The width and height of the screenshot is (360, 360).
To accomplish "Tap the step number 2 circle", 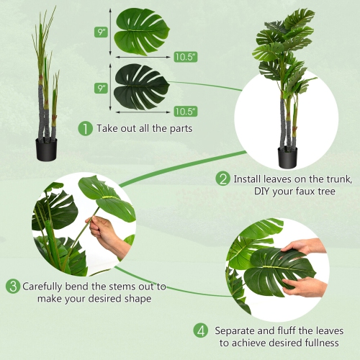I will pos(223,179).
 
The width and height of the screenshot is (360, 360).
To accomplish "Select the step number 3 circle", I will pos(13,287).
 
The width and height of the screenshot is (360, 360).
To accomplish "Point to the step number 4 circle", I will pos(201,330).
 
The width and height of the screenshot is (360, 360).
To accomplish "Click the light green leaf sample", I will pos(141,31).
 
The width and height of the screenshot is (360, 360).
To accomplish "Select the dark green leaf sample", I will pos(142,86).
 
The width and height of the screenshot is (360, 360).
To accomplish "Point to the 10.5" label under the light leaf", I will pos(184,55).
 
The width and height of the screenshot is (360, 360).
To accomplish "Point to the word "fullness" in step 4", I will pos(320,343).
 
